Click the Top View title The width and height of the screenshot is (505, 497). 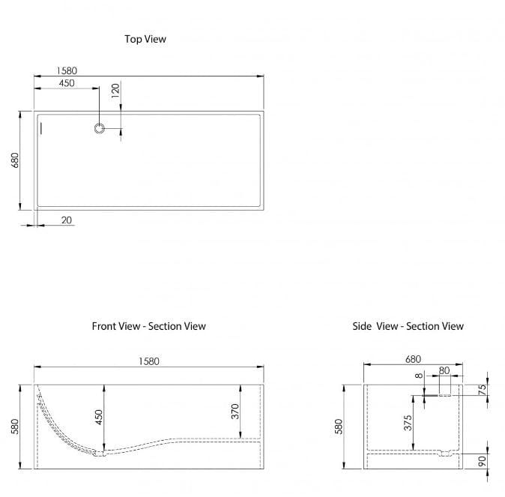(x=145, y=39)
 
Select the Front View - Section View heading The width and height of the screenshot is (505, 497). (x=148, y=326)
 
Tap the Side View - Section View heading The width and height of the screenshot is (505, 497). (x=408, y=326)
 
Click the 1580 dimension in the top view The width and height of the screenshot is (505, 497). (x=66, y=70)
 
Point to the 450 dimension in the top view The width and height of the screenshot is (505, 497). (x=66, y=83)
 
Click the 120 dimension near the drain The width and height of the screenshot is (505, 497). (x=115, y=91)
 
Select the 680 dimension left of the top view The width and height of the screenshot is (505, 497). (x=16, y=160)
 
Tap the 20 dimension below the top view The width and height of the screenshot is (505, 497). (x=67, y=220)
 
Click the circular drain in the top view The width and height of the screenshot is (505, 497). (x=100, y=128)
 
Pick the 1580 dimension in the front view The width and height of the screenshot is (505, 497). (x=148, y=361)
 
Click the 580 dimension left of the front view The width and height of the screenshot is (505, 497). (x=16, y=427)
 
